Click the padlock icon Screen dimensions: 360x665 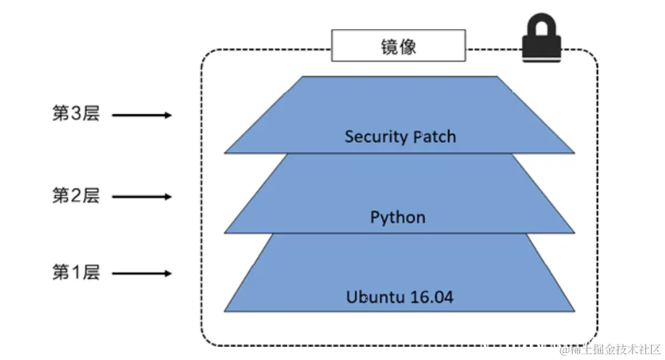coord(541,41)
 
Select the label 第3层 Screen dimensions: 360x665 coord(76,115)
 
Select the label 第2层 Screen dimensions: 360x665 coord(76,196)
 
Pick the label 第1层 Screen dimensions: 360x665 coord(76,273)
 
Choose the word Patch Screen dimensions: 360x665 coord(435,137)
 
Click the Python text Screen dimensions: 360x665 coord(398,218)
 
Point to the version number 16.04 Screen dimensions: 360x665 coord(433,297)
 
